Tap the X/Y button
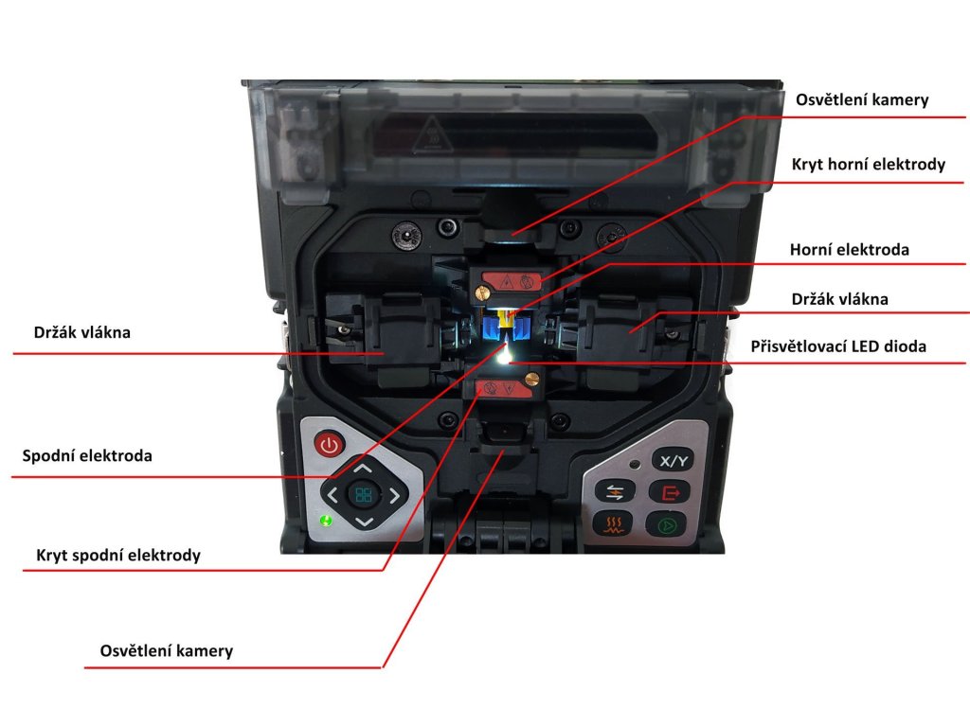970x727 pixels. tap(674, 461)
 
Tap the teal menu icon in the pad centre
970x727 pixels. tap(364, 493)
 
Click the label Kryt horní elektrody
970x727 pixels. tap(869, 165)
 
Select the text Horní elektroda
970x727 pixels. tap(850, 251)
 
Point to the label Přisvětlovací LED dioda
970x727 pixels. tap(838, 346)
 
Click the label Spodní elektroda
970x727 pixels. tap(87, 455)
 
